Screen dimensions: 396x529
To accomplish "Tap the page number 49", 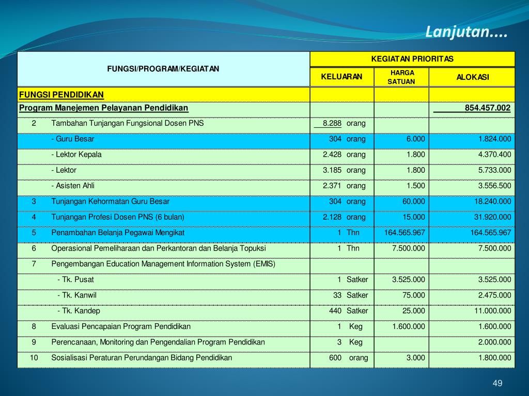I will pos(497,383).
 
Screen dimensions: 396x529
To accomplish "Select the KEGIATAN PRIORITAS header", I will pos(412,59).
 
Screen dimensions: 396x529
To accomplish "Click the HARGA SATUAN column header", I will pos(401,77).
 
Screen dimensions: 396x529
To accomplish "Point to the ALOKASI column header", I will pos(472,77).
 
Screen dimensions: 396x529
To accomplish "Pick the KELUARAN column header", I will pos(342,77).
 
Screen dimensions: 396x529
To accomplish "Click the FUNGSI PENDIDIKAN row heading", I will pos(61,94).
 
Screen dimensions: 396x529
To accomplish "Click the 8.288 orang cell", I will pos(341,123).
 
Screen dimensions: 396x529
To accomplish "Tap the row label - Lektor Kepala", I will pos(76,154).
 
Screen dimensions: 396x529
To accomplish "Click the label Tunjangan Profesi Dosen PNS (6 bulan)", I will pos(118,217).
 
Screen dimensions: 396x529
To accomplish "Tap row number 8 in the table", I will pos(34,326).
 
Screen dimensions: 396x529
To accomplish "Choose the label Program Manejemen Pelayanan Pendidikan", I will pos(104,108).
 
